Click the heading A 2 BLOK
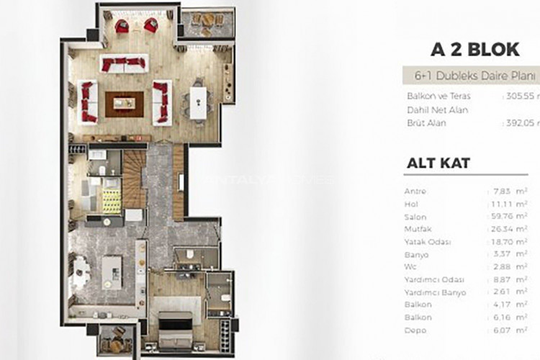474,50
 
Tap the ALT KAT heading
438,163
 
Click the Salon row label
416,217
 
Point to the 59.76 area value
503,217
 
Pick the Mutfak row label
418,230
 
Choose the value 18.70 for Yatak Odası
502,242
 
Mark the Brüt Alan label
426,123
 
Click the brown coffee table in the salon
124,103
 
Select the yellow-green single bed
109,194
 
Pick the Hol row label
413,204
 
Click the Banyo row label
417,255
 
